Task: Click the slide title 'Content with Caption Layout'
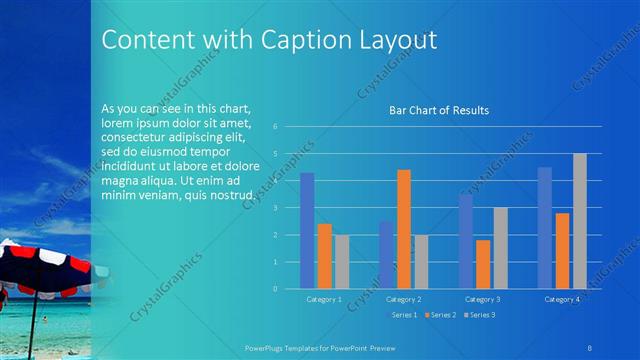point(269,40)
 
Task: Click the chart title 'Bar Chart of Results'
point(438,110)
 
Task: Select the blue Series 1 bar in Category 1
point(307,230)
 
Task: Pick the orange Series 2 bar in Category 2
point(403,229)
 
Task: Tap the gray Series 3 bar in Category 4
point(580,221)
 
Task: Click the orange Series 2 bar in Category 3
point(484,264)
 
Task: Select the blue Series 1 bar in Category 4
point(544,228)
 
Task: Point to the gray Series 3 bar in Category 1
point(342,262)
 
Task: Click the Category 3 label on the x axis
point(484,299)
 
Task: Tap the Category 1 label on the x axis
point(324,299)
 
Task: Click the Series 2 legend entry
point(440,315)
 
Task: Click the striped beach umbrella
point(40,268)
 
